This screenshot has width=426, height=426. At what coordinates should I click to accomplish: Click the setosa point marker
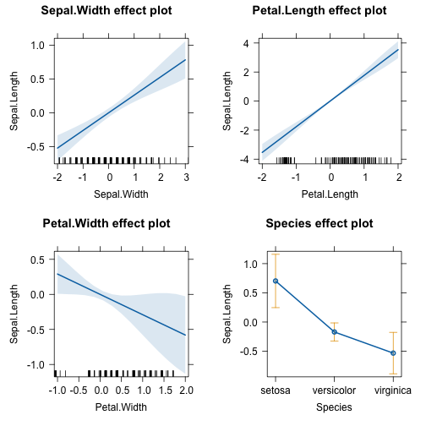pos(276,281)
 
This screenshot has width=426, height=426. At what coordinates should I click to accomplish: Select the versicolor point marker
pos(335,332)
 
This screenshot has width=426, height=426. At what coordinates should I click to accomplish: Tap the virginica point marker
pos(393,353)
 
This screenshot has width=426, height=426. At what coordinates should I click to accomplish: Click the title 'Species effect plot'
pos(319,223)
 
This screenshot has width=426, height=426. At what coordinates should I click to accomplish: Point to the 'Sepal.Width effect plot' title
pos(106,11)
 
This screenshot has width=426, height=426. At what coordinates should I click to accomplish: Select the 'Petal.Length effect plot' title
pos(319,11)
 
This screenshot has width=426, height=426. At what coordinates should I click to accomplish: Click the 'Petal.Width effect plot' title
pos(106,223)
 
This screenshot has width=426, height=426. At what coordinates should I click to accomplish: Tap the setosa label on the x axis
pos(276,390)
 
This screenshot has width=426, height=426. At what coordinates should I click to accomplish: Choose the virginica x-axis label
pos(393,390)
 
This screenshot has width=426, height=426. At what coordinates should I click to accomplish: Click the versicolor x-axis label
pos(334,390)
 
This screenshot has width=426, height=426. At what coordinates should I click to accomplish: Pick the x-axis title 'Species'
pos(334,407)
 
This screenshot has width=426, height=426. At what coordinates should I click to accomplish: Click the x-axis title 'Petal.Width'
pos(121,407)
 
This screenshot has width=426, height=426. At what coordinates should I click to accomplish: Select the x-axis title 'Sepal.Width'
pos(121,194)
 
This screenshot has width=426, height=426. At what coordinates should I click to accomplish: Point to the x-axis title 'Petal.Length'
pos(330,194)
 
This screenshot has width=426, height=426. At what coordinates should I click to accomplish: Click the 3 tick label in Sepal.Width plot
pos(186,177)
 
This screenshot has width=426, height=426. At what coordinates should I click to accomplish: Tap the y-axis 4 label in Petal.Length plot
pos(247,44)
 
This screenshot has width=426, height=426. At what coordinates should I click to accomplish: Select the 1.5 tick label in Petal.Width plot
pos(165,390)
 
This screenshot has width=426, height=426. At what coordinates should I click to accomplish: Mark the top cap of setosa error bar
pos(276,254)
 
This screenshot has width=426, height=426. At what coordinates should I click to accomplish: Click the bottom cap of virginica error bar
pos(393,374)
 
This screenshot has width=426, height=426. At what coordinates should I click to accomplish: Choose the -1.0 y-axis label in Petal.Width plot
pos(35,365)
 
